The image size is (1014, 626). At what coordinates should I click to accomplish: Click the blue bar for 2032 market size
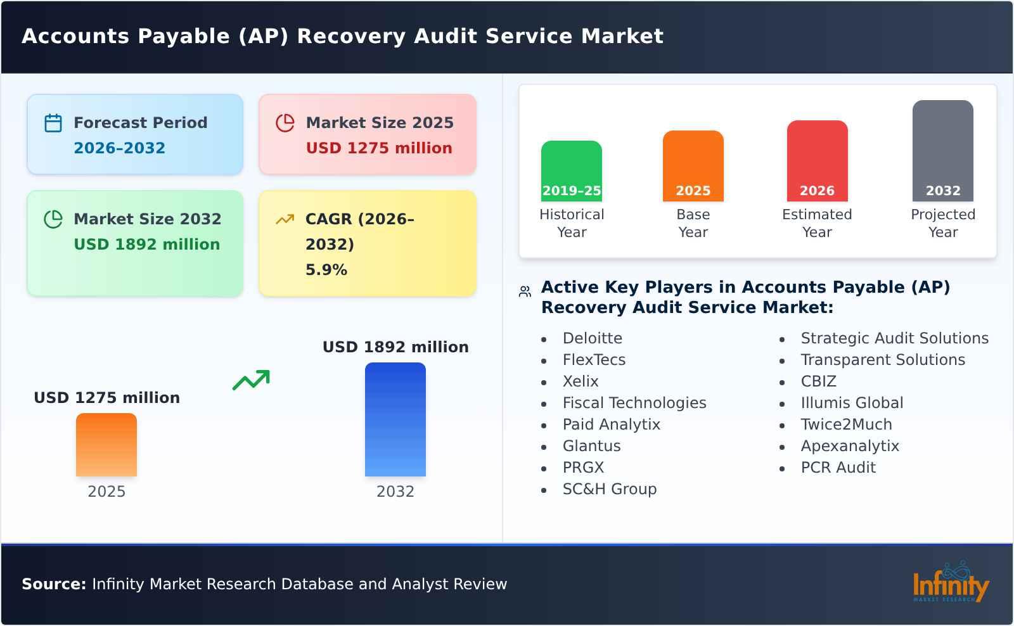coord(395,419)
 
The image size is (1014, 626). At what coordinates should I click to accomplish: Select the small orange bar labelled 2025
coord(106,444)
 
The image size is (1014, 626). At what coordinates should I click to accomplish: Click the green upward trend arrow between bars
coord(251,380)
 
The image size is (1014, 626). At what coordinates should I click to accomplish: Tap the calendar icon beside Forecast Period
coord(53,123)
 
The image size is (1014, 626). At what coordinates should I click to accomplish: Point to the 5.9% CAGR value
coord(326,270)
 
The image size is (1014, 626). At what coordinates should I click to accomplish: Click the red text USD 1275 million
coord(379,148)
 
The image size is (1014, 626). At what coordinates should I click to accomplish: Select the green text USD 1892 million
coord(147,245)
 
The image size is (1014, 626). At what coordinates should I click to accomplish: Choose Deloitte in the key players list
coord(592,338)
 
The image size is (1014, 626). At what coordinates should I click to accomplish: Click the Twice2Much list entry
coord(845,425)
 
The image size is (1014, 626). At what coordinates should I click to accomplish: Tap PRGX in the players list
coord(583,468)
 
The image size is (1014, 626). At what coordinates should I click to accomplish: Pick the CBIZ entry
coord(818,381)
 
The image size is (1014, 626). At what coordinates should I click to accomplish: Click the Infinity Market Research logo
coord(950,584)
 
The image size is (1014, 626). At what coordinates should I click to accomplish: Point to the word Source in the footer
coord(53,584)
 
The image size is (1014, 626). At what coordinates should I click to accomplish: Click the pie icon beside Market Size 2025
coord(285,123)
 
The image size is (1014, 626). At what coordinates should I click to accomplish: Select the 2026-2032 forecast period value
coord(119,148)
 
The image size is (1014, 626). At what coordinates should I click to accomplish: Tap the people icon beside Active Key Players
coord(525,291)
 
